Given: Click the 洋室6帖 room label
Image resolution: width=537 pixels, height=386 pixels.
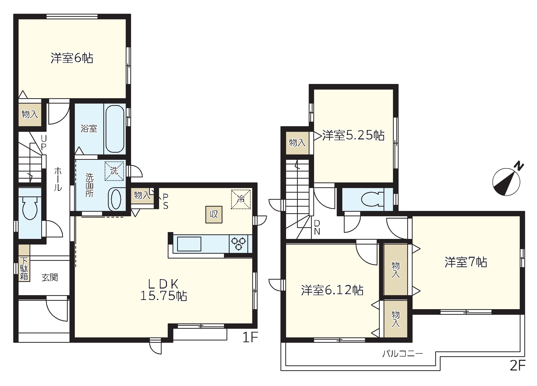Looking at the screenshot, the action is click(x=72, y=58).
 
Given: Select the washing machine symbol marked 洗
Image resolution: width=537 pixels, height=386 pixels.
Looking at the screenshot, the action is click(x=114, y=171).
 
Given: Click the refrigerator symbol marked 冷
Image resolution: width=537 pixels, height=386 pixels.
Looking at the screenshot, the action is click(x=241, y=199).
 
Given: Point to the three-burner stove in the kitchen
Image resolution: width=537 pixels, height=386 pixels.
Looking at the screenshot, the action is click(x=238, y=244).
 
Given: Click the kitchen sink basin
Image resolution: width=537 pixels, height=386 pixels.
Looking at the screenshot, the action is click(x=189, y=244).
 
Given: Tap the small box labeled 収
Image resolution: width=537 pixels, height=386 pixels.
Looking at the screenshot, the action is click(x=214, y=215).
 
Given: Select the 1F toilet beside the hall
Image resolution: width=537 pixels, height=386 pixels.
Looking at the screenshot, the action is click(x=30, y=208).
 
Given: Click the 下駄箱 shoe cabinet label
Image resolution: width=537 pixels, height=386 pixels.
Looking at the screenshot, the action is click(x=24, y=269).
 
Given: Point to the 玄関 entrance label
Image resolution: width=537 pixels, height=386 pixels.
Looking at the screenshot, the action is click(x=50, y=277).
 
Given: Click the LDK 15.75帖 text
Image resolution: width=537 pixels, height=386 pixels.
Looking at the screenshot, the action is click(x=164, y=290).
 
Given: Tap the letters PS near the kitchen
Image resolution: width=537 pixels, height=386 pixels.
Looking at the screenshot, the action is click(x=166, y=201).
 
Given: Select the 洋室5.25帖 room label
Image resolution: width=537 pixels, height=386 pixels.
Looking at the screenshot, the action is click(x=353, y=135).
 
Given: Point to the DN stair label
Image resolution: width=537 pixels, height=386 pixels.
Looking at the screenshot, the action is click(x=317, y=227).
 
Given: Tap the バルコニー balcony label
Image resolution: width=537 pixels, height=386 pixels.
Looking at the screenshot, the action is click(x=402, y=353).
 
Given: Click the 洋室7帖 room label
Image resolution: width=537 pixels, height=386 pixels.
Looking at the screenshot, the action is click(x=466, y=262).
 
